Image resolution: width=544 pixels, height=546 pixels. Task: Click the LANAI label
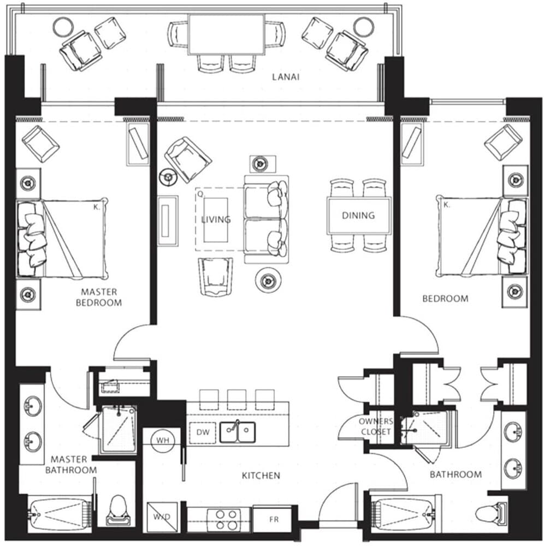pos(286,77)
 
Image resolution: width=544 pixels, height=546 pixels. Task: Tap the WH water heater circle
pos(162,440)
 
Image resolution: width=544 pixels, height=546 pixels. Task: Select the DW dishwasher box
pos(202,432)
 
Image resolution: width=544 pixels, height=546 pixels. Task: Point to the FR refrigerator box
pos(274,519)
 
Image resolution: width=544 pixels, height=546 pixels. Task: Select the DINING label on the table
pos(358,216)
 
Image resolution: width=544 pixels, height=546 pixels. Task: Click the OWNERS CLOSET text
pos(375,426)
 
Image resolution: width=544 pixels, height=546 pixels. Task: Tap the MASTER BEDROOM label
pos(99,297)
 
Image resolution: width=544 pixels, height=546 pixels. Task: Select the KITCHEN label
pos(261,476)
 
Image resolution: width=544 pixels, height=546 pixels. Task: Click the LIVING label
pos(216,219)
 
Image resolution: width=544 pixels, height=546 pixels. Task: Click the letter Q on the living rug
pos(200,193)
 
